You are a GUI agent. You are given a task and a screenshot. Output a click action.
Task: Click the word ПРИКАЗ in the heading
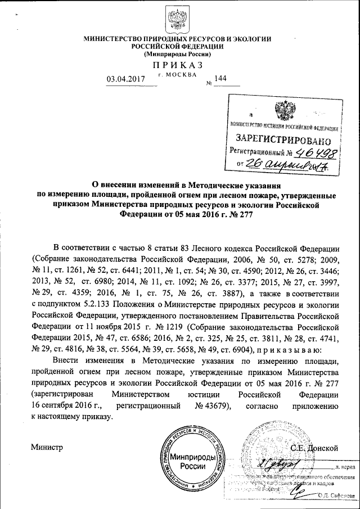[178, 66]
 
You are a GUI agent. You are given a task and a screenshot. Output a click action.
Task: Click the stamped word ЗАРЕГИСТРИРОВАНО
[280, 138]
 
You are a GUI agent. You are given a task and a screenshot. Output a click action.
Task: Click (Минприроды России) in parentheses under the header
[178, 55]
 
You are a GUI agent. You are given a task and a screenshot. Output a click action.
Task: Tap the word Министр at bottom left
[47, 448]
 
